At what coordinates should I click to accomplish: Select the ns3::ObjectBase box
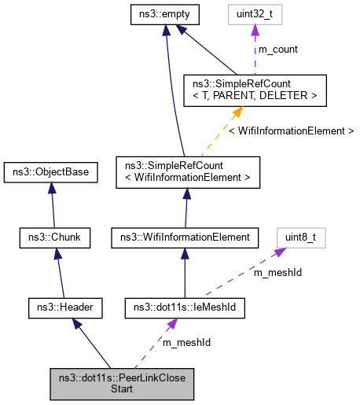[x=50, y=171]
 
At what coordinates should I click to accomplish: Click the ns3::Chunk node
[x=50, y=236]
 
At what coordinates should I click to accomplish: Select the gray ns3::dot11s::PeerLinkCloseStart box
[x=122, y=382]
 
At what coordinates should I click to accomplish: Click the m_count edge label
[x=278, y=49]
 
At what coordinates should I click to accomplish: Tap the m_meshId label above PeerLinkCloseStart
[x=186, y=342]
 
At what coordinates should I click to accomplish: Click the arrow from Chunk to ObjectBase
[x=50, y=204]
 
